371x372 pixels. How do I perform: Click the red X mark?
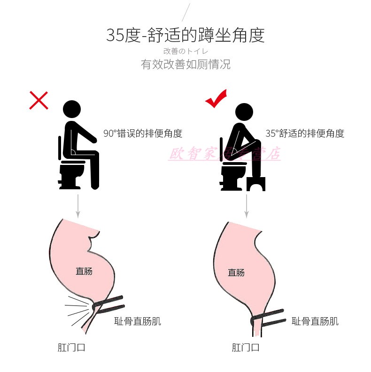click(39, 100)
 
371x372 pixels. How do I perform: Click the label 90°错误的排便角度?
click(143, 134)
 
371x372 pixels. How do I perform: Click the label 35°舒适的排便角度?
click(305, 134)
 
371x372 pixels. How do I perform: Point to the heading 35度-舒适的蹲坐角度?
click(185, 35)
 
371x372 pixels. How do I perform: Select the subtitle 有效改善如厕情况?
click(185, 64)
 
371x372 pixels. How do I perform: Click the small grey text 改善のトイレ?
click(185, 51)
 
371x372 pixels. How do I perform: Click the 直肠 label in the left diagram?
click(84, 271)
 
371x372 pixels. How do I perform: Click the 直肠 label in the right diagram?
click(236, 272)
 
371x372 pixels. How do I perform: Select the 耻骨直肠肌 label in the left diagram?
click(138, 321)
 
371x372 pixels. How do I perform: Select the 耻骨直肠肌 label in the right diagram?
click(315, 321)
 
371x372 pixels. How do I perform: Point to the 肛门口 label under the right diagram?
click(246, 347)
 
